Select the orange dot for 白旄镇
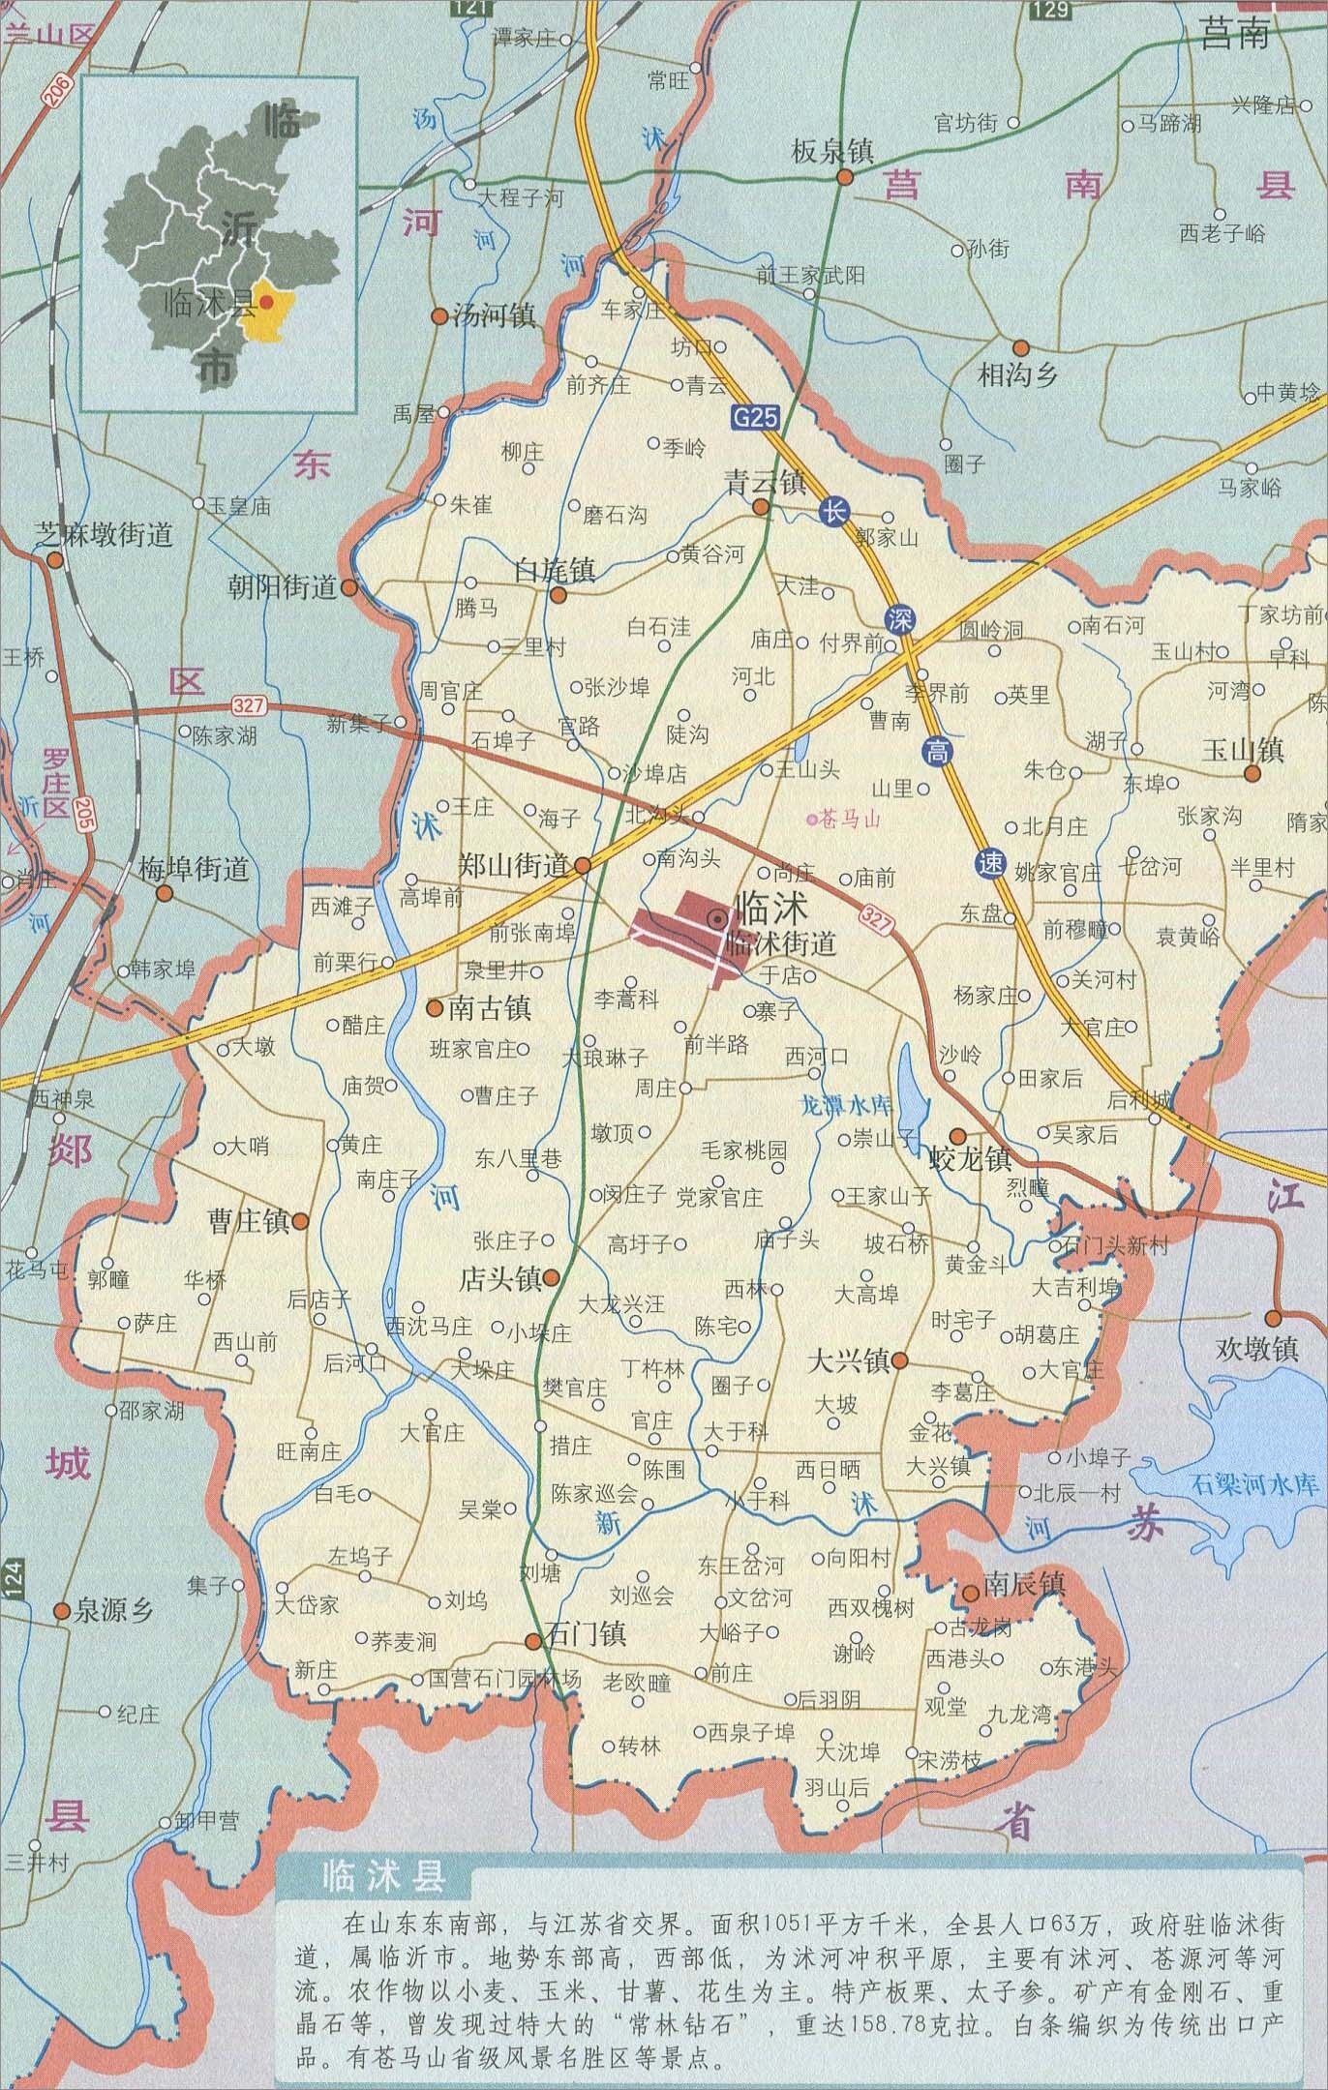pos(558,595)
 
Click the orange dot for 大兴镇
pos(899,1360)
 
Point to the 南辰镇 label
pos(1025,1583)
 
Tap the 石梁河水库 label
pos(1256,1483)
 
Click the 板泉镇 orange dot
pos(844,177)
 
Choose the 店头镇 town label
pos(499,1279)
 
